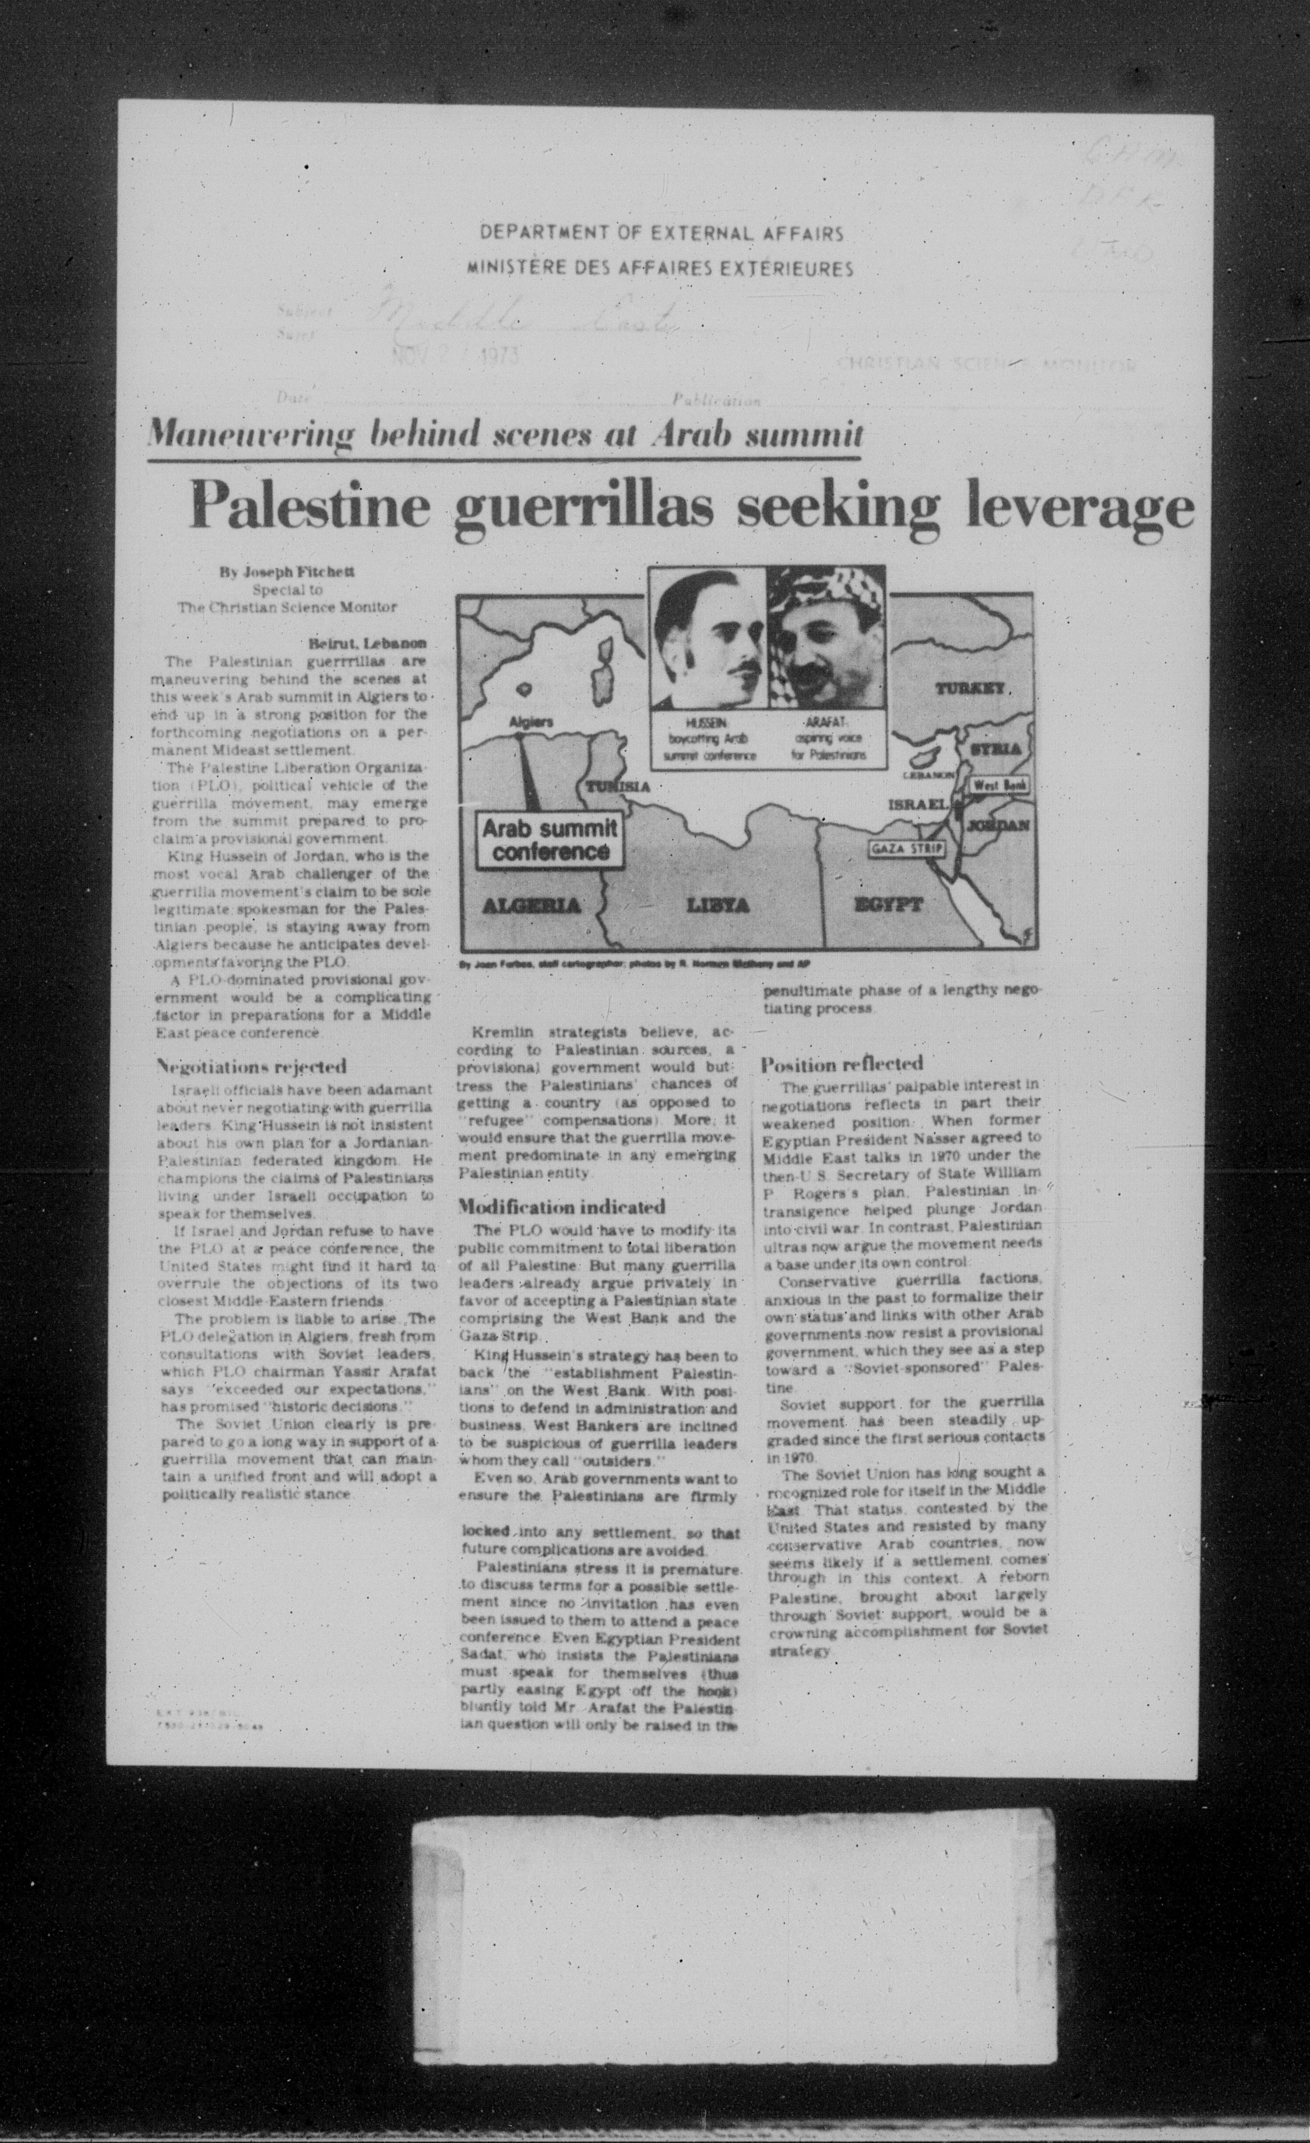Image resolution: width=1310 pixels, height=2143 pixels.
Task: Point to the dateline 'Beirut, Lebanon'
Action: [367, 644]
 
